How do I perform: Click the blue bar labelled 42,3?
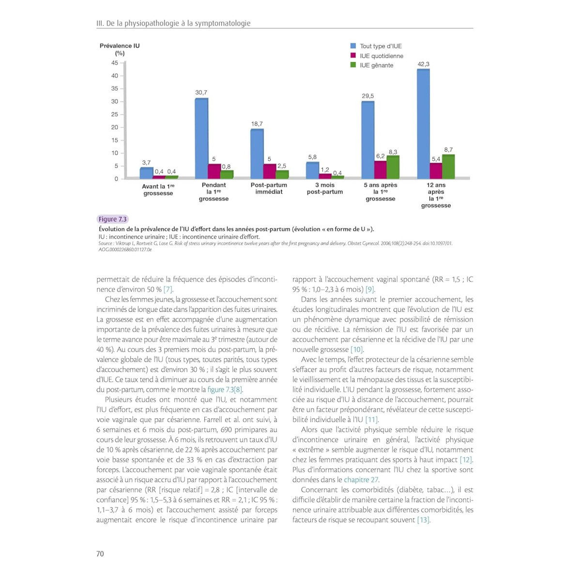pyautogui.click(x=423, y=123)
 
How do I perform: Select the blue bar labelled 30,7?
pyautogui.click(x=201, y=138)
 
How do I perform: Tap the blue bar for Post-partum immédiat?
pyautogui.click(x=257, y=153)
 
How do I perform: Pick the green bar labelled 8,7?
pyautogui.click(x=448, y=166)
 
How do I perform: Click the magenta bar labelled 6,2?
pyautogui.click(x=381, y=169)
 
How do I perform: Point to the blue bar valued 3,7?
pyautogui.click(x=146, y=173)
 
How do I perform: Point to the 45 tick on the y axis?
pyautogui.click(x=115, y=63)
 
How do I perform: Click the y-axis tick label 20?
pyautogui.click(x=115, y=127)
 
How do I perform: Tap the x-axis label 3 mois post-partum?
pyautogui.click(x=325, y=188)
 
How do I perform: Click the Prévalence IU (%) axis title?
pyautogui.click(x=120, y=49)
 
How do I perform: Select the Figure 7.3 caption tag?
pyautogui.click(x=112, y=219)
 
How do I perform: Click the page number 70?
pyautogui.click(x=100, y=553)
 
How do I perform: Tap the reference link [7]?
pyautogui.click(x=168, y=290)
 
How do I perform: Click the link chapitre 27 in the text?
pyautogui.click(x=361, y=480)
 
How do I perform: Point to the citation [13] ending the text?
pyautogui.click(x=424, y=520)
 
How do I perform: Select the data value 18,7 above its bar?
pyautogui.click(x=257, y=124)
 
